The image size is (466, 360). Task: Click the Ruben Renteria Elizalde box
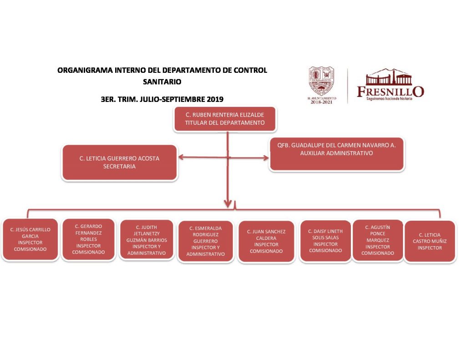click(x=224, y=119)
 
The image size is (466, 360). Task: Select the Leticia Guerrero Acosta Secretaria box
click(x=119, y=162)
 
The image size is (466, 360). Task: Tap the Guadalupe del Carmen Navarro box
click(x=336, y=154)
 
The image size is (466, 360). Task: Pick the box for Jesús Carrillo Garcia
click(x=30, y=240)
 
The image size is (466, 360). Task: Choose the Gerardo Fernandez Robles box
click(x=88, y=239)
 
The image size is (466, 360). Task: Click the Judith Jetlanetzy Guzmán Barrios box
click(x=147, y=240)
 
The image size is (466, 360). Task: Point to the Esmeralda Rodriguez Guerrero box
click(x=205, y=241)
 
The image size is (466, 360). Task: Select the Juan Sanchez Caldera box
click(x=266, y=242)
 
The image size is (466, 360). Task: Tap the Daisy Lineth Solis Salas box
click(x=325, y=241)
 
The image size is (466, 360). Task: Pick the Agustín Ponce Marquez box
click(x=378, y=240)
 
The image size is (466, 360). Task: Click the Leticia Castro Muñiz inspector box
click(x=430, y=241)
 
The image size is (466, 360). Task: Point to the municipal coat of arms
click(x=321, y=81)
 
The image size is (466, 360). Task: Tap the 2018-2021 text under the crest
click(x=322, y=102)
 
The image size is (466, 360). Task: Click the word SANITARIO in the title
click(x=162, y=82)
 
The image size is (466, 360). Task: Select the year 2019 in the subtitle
click(x=215, y=99)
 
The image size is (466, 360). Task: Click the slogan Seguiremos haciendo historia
click(x=389, y=98)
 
